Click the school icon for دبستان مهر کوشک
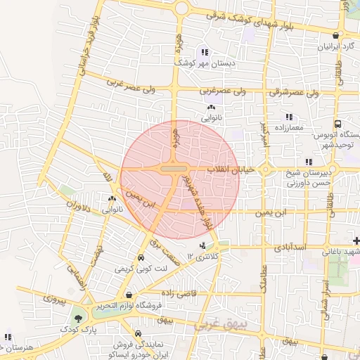tap(205, 52)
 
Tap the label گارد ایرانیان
tap(333, 47)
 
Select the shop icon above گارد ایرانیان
tap(336, 35)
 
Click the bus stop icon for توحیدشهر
tap(338, 123)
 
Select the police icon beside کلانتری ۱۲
tap(203, 245)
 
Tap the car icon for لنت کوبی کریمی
tap(141, 258)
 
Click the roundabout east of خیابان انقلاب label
tap(265, 169)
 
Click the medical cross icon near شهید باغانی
tap(356, 241)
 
